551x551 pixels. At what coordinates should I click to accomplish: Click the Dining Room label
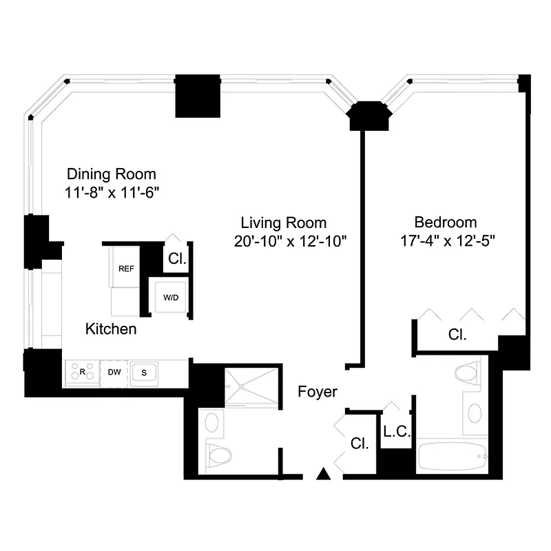pyautogui.click(x=111, y=174)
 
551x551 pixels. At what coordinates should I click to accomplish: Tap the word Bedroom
pyautogui.click(x=445, y=222)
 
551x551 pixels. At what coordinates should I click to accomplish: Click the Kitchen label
pyautogui.click(x=110, y=329)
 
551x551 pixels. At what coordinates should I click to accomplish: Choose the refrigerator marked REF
pyautogui.click(x=125, y=269)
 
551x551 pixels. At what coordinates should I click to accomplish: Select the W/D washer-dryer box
pyautogui.click(x=170, y=298)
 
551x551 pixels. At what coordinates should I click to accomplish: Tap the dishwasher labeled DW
pyautogui.click(x=114, y=373)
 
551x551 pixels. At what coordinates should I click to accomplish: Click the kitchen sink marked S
pyautogui.click(x=145, y=373)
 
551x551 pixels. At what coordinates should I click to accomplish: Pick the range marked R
pyautogui.click(x=82, y=373)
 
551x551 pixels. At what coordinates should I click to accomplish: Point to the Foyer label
pyautogui.click(x=318, y=392)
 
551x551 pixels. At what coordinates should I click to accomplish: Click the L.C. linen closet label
pyautogui.click(x=397, y=432)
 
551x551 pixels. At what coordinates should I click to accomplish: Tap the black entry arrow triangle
pyautogui.click(x=322, y=473)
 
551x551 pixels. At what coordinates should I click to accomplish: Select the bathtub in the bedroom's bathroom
pyautogui.click(x=453, y=457)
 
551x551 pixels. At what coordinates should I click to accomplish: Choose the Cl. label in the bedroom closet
pyautogui.click(x=457, y=335)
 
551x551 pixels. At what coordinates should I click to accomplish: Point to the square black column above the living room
pyautogui.click(x=197, y=96)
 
